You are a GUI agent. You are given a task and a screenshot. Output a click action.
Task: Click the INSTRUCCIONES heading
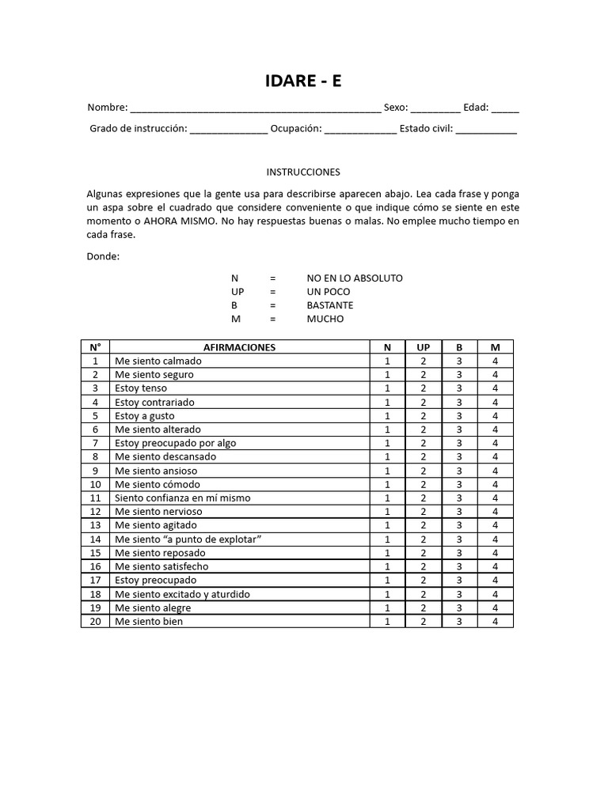tap(303, 172)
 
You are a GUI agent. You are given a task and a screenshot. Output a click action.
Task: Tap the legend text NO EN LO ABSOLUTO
tap(355, 278)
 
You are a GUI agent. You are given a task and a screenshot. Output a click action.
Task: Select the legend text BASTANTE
tap(330, 305)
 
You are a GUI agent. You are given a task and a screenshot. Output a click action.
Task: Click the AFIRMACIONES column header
tap(240, 347)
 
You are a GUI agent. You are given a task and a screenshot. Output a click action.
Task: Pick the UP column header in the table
tap(424, 347)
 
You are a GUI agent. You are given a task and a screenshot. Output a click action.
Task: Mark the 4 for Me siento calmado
tap(495, 361)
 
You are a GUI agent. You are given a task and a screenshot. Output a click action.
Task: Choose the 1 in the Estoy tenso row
tap(387, 388)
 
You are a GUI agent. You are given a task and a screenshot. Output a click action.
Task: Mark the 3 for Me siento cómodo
tap(459, 484)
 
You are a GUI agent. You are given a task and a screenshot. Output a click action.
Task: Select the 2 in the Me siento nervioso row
tap(424, 512)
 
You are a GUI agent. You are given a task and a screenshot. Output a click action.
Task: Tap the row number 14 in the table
tap(95, 539)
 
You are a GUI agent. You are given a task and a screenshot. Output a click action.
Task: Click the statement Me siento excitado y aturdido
tap(182, 594)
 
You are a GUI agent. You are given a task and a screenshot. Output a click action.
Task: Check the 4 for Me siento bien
tap(495, 622)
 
